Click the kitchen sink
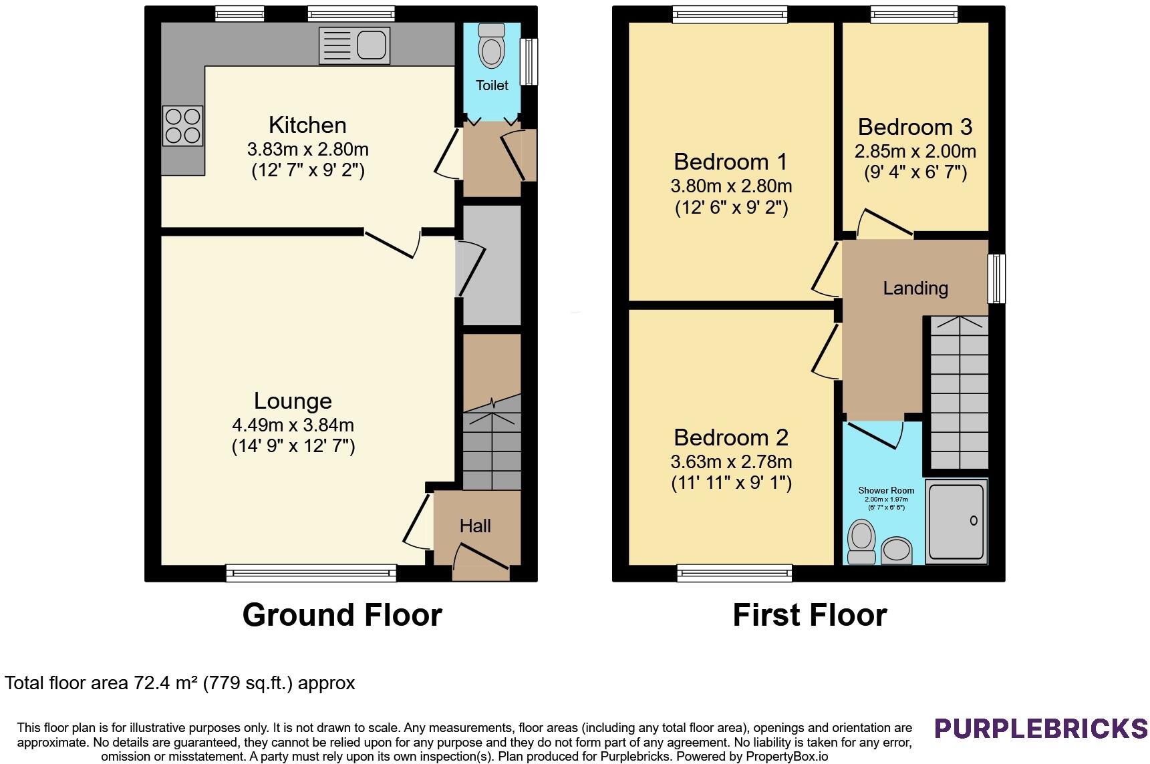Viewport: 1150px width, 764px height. pos(354,45)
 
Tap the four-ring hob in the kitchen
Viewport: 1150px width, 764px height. pos(182,126)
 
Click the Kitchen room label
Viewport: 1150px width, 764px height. pos(307,125)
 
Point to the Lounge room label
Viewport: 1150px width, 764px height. pos(293,401)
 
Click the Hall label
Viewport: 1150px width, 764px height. pos(475,526)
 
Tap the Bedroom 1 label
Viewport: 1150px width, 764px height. pos(730,162)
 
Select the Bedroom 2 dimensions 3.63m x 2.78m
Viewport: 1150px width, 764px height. pos(731,461)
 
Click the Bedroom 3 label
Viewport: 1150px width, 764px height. pos(915,127)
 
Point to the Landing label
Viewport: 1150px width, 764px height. pos(915,289)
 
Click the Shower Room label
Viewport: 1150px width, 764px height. pos(886,490)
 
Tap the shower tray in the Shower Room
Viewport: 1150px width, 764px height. pos(957,521)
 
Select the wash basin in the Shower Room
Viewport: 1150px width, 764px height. pos(897,550)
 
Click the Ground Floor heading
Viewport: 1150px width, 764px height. pos(342,615)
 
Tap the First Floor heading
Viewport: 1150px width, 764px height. pos(810,615)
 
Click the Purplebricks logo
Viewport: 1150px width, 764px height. pos(1041,728)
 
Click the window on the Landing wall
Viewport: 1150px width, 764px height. pos(996,278)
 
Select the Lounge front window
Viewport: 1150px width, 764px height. pos(311,572)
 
